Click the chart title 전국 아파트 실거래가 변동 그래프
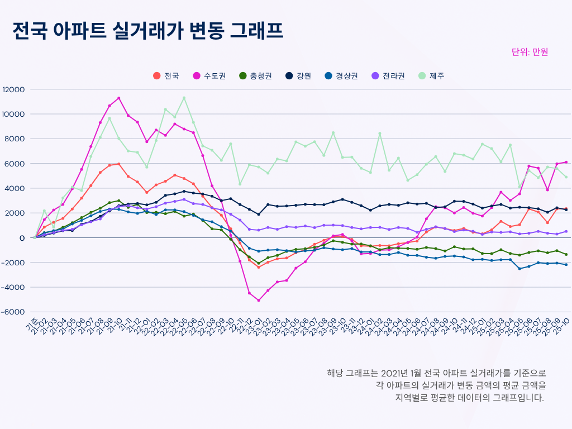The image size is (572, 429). coord(147,31)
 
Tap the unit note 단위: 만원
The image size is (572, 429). coord(530,52)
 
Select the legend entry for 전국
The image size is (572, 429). coord(166,76)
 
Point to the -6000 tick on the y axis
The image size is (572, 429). coord(13,312)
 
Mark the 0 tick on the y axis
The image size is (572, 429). coord(22,238)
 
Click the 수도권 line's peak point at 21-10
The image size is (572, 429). coord(119,98)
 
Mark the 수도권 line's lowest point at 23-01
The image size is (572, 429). coord(259,301)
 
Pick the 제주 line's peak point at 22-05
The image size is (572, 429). coord(184,98)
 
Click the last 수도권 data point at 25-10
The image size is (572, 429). coord(566,163)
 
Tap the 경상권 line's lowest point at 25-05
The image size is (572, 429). coord(519,269)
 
